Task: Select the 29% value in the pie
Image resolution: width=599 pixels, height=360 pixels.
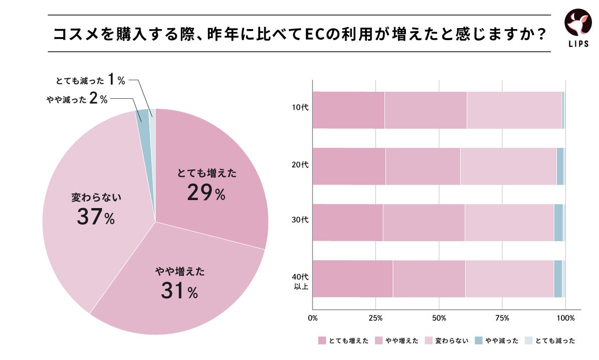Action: [x=206, y=193]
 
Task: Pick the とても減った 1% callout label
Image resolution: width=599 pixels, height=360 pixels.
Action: [x=90, y=80]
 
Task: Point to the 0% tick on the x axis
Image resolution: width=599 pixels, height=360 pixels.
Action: [x=313, y=318]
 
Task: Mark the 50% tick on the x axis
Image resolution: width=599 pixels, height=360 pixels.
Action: [x=439, y=318]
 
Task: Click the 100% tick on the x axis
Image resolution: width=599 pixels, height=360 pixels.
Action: [x=566, y=318]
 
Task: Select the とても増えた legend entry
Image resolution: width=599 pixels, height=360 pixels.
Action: [x=344, y=341]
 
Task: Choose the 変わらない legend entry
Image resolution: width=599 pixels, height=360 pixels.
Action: [x=447, y=341]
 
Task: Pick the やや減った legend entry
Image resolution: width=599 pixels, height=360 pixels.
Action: [x=499, y=341]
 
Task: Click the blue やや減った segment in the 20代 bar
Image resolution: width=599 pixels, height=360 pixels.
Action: [x=560, y=166]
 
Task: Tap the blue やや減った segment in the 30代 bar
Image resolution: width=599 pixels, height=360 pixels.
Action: [x=558, y=222]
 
